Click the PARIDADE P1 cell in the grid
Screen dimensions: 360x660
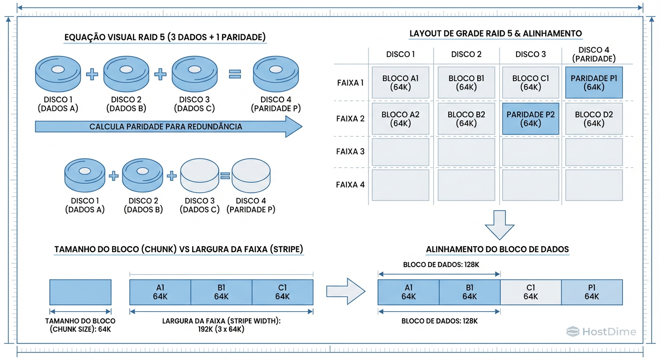point(594,82)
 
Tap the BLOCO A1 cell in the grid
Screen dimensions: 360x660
point(400,82)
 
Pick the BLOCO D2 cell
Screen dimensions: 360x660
point(594,119)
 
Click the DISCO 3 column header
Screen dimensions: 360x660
point(530,54)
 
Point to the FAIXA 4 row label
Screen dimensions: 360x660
point(350,185)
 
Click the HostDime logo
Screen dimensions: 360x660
point(601,332)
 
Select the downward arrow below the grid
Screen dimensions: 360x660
point(500,225)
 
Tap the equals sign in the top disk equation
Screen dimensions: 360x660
point(234,74)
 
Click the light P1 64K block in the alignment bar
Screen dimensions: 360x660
point(592,292)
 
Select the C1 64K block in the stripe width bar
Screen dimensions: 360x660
point(282,292)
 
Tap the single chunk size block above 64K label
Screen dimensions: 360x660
point(80,292)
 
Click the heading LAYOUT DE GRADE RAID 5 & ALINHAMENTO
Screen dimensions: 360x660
point(495,34)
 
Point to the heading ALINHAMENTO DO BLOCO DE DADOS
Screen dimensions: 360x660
point(497,249)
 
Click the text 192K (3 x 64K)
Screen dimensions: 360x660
point(221,329)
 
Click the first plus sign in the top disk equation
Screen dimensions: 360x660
point(92,74)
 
